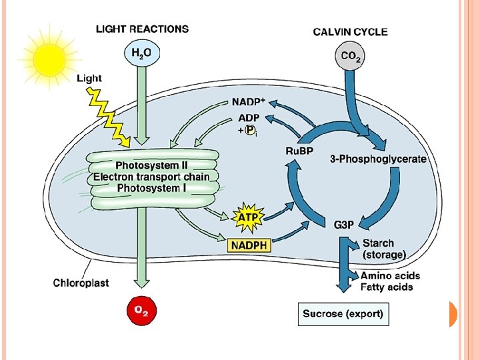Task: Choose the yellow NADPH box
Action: coord(249,245)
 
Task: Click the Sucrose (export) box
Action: coord(343,313)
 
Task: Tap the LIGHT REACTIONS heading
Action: coord(142,29)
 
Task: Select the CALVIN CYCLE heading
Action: coord(350,31)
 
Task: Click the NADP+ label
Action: coord(249,103)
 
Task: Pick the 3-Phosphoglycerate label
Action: coord(378,159)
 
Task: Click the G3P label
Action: coord(343,225)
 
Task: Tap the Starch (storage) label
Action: coord(383,249)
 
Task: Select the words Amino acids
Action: coord(390,275)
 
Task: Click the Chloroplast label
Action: coord(81,283)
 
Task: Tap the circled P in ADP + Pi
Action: coord(249,130)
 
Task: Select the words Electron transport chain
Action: coord(151,177)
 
